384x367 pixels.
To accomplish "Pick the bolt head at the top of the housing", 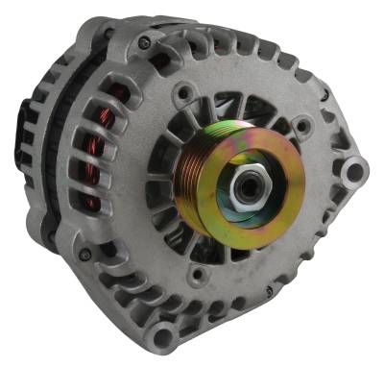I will point(144,43).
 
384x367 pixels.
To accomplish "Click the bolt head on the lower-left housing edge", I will point(85,255).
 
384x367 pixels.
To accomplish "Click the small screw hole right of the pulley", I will point(304,125).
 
